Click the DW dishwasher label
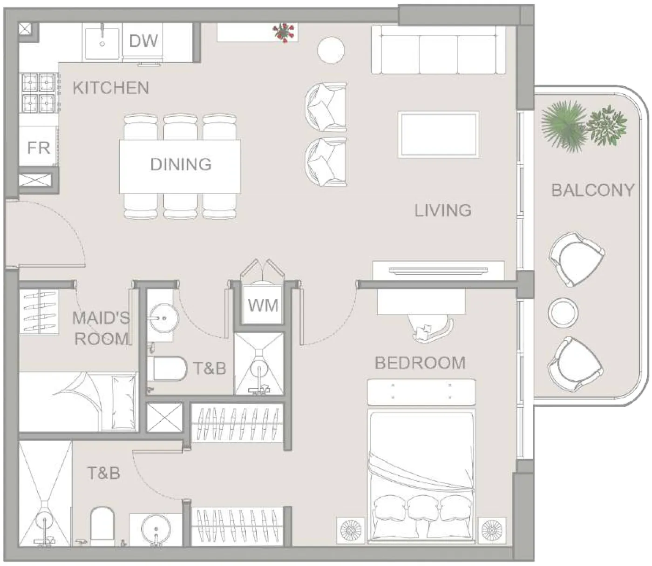coord(143,41)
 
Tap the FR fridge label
coord(39,148)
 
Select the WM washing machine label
coord(263,305)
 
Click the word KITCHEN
coord(111,88)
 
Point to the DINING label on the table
coord(181,165)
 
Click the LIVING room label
coord(442,210)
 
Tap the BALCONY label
coord(592,190)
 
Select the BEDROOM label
coord(420,363)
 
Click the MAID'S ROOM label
coord(102,328)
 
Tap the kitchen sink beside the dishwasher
coord(102,43)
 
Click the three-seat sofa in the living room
coord(438,50)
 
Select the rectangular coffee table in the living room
coord(439,134)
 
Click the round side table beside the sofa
coord(331,50)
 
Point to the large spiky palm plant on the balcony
coord(564,124)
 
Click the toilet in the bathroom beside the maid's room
coord(167,368)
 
